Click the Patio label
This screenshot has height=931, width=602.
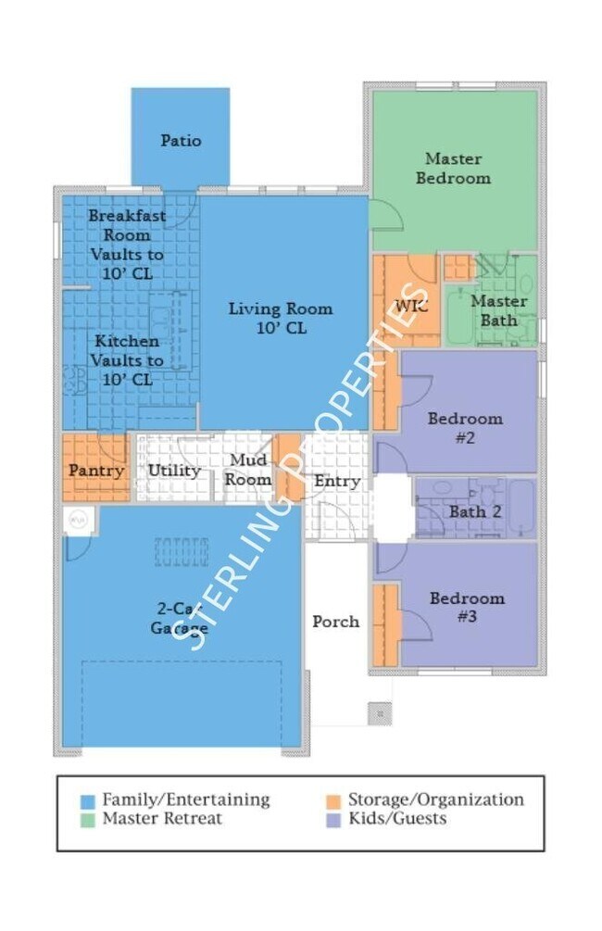(x=181, y=141)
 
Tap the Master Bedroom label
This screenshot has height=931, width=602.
(x=453, y=168)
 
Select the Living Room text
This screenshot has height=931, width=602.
(x=281, y=308)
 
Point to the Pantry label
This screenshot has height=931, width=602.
(x=96, y=471)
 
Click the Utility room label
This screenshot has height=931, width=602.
(x=174, y=471)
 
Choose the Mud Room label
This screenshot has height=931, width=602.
(x=248, y=469)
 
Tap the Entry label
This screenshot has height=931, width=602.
(x=336, y=481)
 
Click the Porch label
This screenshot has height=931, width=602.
(x=336, y=622)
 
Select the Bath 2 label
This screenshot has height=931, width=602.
(x=475, y=511)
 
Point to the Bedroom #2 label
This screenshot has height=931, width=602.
(x=465, y=428)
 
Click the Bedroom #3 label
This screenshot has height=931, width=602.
(x=467, y=607)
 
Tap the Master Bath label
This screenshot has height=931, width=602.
(x=498, y=310)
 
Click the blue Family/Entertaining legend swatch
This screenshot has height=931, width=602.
(x=88, y=801)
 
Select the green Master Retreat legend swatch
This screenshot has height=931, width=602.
(x=88, y=821)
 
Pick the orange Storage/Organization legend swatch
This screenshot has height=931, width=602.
(x=334, y=801)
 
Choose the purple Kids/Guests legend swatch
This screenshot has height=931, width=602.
(x=334, y=821)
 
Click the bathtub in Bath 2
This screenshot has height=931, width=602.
(x=521, y=509)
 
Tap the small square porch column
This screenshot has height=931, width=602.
(x=380, y=713)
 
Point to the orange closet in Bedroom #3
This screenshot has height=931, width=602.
(x=386, y=625)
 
